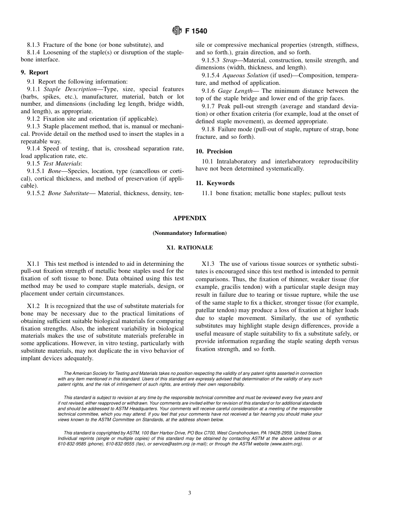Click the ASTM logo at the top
tap(177, 31)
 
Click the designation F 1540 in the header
tap(196, 31)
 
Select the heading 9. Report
tap(34, 72)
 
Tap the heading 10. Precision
tap(214, 151)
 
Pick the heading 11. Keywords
tap(215, 183)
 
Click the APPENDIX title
tap(189, 218)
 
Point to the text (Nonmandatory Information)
tap(189, 233)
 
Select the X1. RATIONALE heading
tap(189, 248)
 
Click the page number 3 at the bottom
tap(189, 493)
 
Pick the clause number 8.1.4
tap(34, 52)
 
